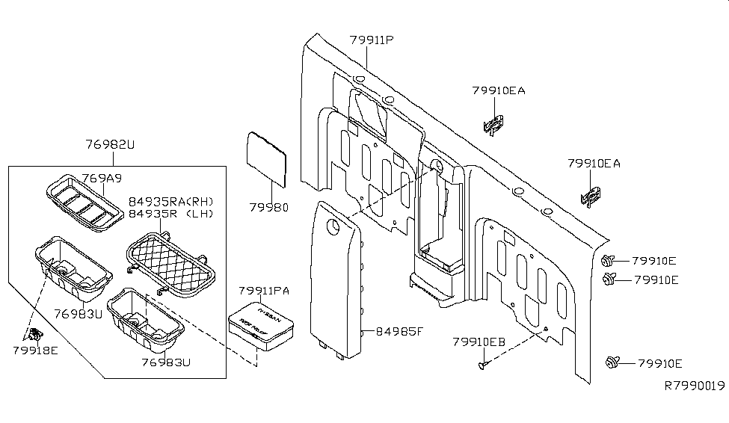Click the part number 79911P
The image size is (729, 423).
[370, 40]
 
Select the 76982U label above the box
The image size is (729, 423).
[111, 145]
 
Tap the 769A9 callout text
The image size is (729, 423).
[102, 179]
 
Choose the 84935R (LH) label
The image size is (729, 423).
[170, 214]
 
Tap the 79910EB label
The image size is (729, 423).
[479, 341]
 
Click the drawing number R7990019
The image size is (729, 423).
[695, 386]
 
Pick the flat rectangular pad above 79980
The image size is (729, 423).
[267, 159]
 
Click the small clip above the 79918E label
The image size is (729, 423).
[34, 333]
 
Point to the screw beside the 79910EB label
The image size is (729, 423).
[482, 365]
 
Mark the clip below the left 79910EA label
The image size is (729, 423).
[494, 124]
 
